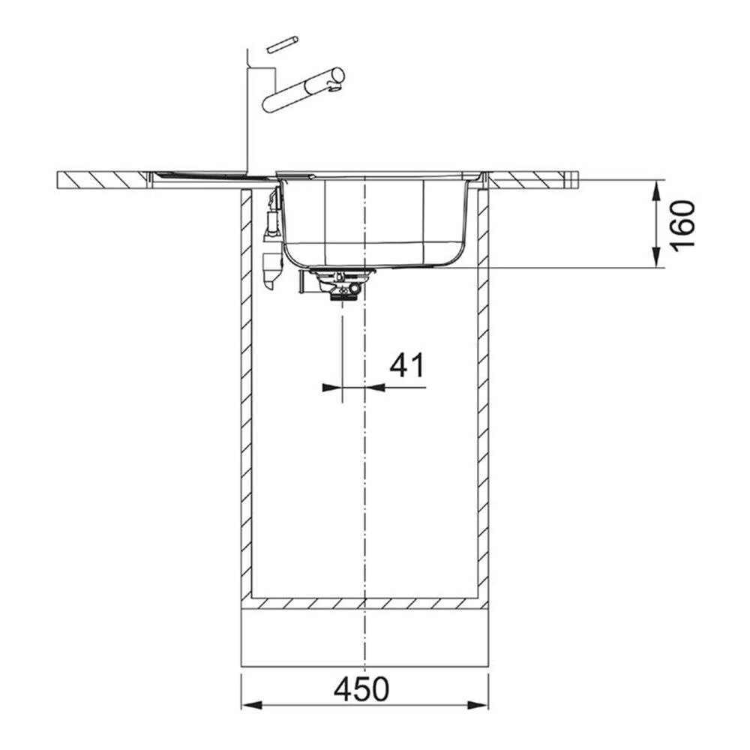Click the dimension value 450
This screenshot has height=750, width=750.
[x=361, y=689]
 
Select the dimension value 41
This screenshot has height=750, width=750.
[x=406, y=365]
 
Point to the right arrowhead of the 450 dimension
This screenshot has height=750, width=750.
[x=478, y=705]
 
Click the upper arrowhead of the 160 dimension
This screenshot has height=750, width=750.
[x=658, y=190]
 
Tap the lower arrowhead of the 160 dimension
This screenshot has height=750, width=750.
[x=658, y=256]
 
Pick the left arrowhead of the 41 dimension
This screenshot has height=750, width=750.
[x=332, y=388]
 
